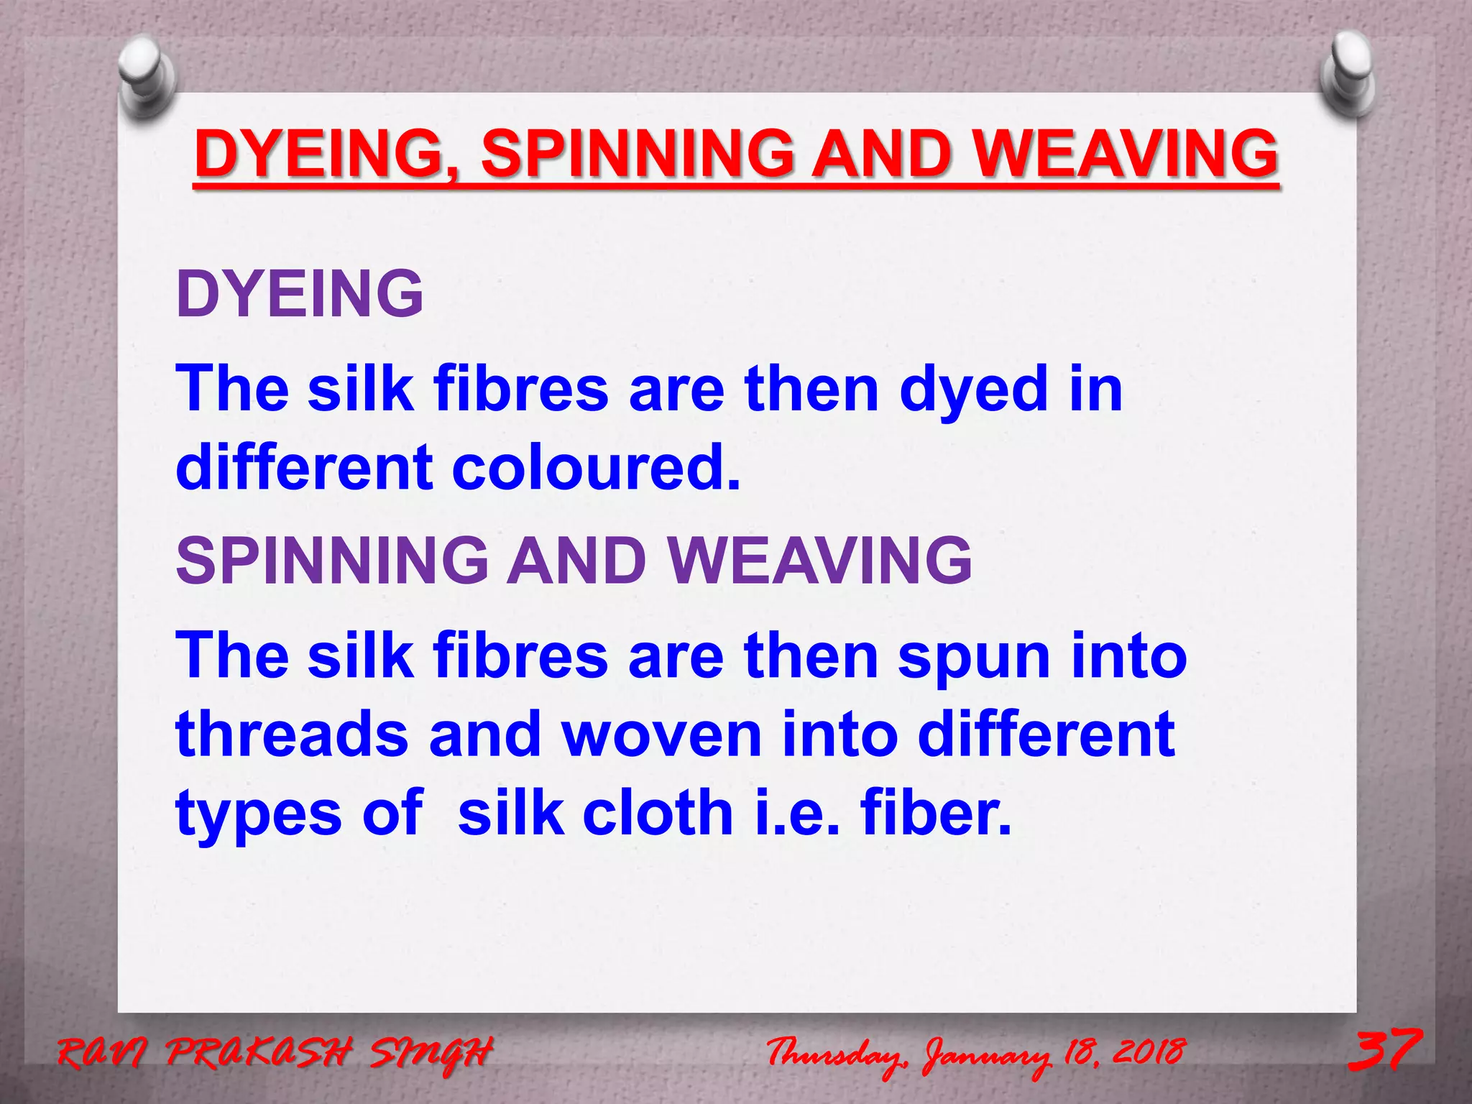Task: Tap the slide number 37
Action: [1384, 1050]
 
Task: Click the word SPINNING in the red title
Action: [638, 154]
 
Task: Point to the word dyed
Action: [974, 390]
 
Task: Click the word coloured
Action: [596, 468]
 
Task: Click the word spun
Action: [973, 658]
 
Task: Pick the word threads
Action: [292, 735]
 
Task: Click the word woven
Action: [661, 735]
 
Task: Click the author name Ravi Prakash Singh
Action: [275, 1054]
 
